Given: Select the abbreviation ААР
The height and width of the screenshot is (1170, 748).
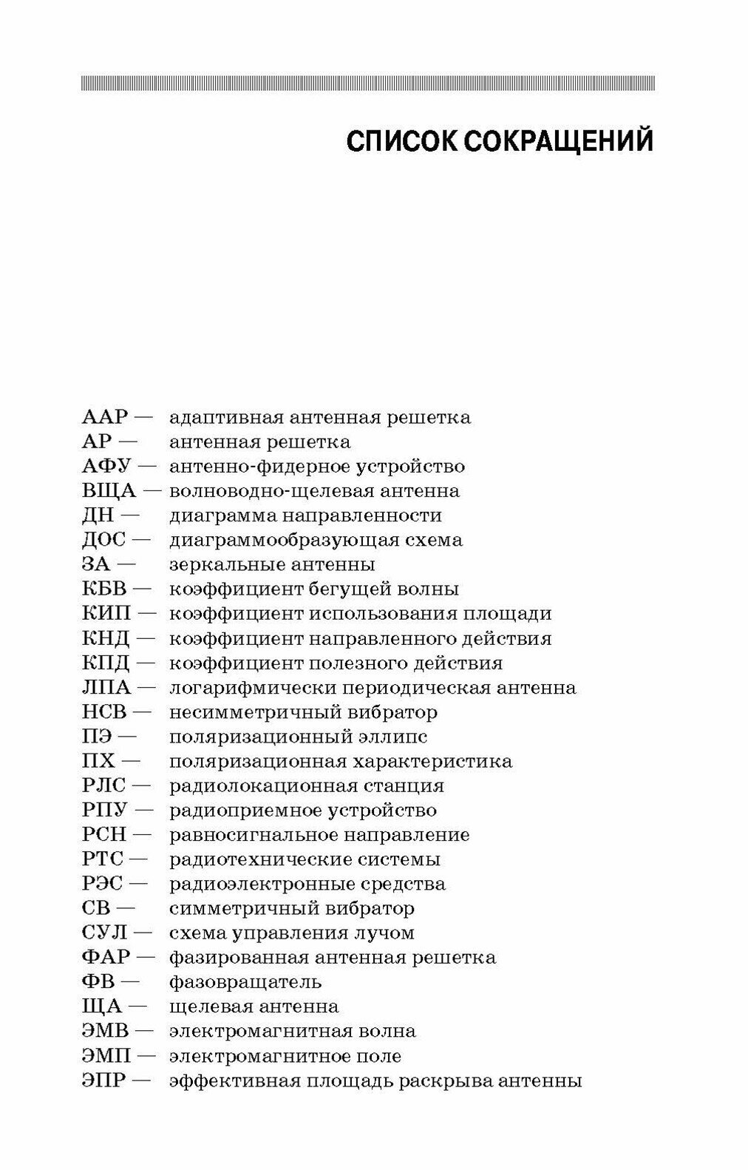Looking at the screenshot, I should point(105,418).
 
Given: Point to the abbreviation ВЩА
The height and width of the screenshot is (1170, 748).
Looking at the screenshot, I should point(109,491).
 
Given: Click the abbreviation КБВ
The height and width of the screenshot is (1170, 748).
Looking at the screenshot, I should point(105,589).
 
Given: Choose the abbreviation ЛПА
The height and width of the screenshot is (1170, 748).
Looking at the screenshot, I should point(106,688).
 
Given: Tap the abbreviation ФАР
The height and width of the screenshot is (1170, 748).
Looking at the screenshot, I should point(106,958).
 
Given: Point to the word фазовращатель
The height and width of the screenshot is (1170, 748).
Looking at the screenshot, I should point(245,982).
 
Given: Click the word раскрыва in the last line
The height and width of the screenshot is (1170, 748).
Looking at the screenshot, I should point(444,1081).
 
